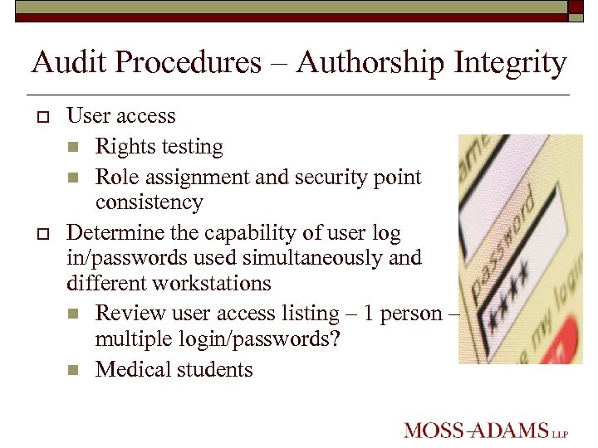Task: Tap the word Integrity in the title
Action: coord(509,63)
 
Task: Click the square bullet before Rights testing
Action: coord(73,148)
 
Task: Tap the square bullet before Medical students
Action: coord(73,370)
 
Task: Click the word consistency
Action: coord(149,202)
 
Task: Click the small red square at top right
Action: coord(576,7)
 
